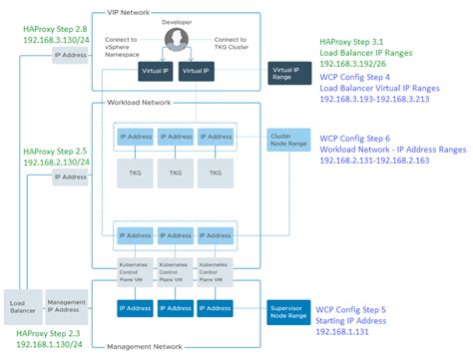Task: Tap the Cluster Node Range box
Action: pos(283,140)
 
